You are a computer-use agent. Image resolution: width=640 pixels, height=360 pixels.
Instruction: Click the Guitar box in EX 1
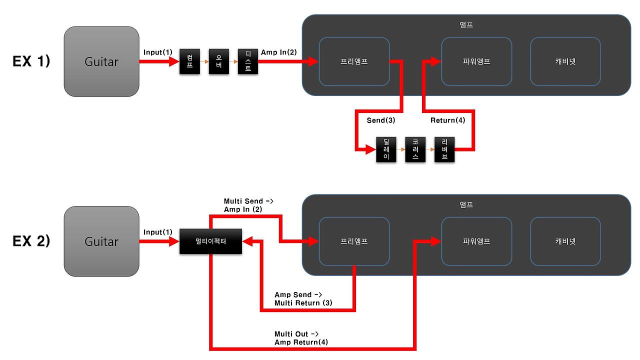tap(101, 61)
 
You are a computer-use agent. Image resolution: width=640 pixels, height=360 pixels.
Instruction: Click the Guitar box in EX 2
tap(101, 241)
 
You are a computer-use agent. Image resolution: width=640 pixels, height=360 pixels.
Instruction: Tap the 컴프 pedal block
tap(189, 61)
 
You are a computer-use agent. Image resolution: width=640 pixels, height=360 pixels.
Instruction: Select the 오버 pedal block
tap(218, 61)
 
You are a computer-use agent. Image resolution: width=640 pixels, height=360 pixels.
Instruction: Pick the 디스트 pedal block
tap(248, 61)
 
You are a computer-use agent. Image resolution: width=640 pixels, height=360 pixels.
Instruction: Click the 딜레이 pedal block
tap(386, 149)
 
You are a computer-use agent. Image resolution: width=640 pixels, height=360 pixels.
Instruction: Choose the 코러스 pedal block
tap(415, 149)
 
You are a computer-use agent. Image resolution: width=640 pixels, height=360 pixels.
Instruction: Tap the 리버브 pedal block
tap(444, 149)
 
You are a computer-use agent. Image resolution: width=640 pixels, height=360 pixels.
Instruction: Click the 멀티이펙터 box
tap(210, 241)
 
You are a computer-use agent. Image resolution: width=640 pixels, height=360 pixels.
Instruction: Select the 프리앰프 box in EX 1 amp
tap(354, 61)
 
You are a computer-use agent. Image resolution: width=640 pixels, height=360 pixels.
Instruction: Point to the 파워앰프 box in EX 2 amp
tap(476, 241)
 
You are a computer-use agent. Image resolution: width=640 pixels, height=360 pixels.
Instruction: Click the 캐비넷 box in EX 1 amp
tap(565, 61)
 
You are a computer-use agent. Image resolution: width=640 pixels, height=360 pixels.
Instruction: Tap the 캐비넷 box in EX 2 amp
tap(565, 241)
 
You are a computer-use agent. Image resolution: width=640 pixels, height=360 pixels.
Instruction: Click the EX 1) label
tap(31, 61)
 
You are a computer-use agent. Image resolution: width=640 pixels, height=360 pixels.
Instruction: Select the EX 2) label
tap(31, 241)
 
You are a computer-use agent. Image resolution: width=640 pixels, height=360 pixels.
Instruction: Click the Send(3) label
tap(381, 120)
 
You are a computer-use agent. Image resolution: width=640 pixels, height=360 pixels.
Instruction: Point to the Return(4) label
tap(447, 120)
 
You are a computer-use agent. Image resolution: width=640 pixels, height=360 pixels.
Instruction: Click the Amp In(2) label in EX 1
tap(278, 52)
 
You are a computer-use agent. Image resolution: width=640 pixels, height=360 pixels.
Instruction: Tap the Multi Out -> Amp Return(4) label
tap(301, 338)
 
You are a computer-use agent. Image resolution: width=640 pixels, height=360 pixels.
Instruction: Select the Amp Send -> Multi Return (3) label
tap(303, 299)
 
